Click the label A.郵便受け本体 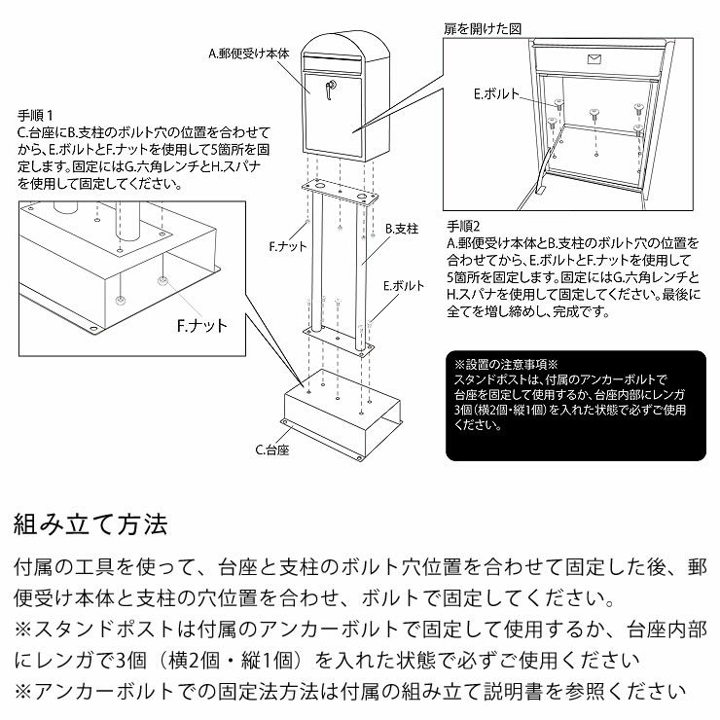click(250, 56)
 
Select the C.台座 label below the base click(273, 450)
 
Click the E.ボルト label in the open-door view click(496, 94)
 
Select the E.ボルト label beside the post click(404, 286)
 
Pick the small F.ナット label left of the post click(288, 248)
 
